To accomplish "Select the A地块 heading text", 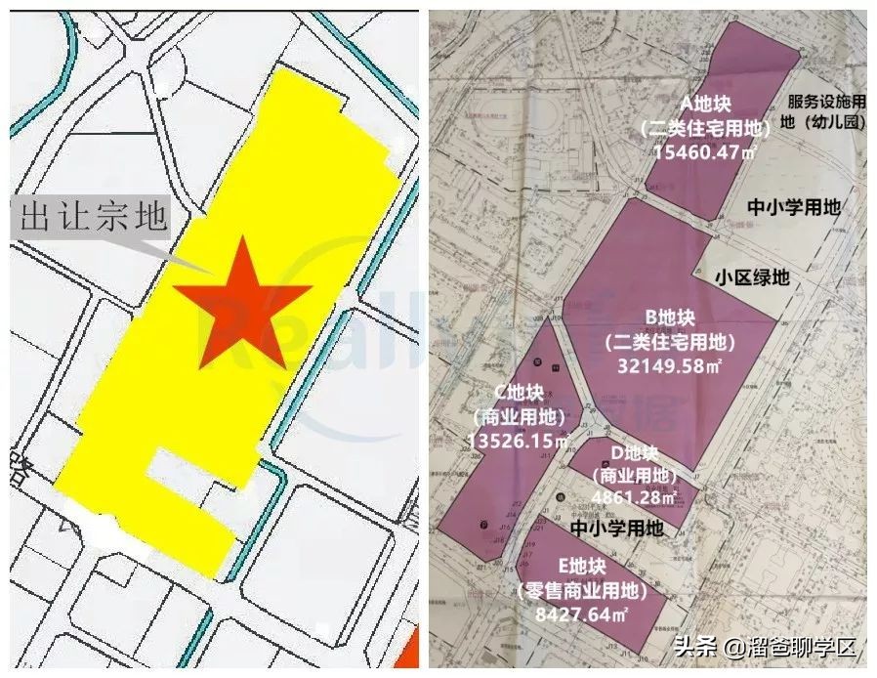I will point(705,103).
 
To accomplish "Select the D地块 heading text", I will point(634,454).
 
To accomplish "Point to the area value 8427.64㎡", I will point(582,614).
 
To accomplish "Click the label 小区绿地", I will point(751,277).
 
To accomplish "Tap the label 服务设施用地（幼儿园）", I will point(825,112).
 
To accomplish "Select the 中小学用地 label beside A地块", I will point(793,207).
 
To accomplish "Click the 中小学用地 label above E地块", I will point(616,529).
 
